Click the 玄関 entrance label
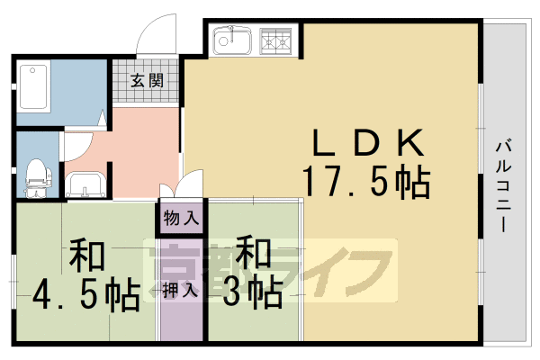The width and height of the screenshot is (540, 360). (x=147, y=81)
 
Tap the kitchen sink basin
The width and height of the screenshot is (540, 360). (x=233, y=40)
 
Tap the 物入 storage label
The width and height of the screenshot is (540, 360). (x=182, y=218)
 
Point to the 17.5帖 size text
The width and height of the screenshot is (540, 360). (x=365, y=183)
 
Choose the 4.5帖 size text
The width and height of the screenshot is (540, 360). (x=85, y=294)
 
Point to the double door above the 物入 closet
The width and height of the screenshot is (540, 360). (x=183, y=190)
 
